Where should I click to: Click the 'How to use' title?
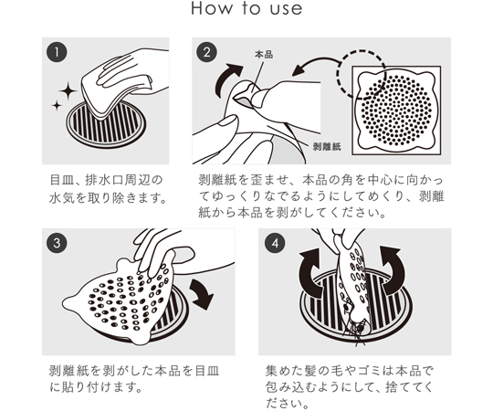[x=246, y=9]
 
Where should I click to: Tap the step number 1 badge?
[x=57, y=52]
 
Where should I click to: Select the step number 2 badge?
[x=206, y=52]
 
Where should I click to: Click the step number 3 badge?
[x=57, y=243]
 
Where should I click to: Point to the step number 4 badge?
[x=275, y=243]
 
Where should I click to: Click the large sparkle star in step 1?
[x=68, y=91]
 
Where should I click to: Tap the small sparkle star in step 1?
[x=57, y=105]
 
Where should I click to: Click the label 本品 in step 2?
[x=264, y=55]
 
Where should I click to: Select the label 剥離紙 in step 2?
[x=327, y=146]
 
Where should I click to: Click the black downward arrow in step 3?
[x=202, y=293]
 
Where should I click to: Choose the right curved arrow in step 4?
[x=392, y=269]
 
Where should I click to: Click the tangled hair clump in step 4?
[x=355, y=332]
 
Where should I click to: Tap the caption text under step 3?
[x=134, y=379]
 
